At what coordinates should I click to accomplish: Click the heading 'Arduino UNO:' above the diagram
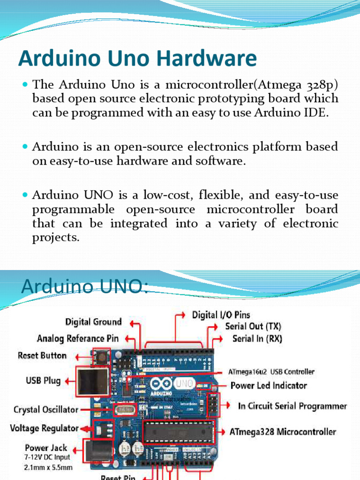(x=84, y=286)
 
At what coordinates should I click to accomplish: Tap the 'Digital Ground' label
(x=93, y=322)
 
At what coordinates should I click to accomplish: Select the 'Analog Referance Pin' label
(x=78, y=338)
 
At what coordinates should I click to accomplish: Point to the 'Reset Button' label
(x=42, y=356)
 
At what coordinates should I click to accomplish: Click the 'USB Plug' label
(x=43, y=381)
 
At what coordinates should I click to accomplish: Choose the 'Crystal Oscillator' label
(x=46, y=410)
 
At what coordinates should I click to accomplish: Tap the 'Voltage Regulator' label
(x=45, y=428)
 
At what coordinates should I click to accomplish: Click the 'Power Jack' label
(x=46, y=448)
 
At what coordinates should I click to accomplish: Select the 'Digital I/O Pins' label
(x=221, y=315)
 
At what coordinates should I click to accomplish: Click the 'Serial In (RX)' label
(x=257, y=338)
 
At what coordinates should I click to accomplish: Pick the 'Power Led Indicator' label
(x=269, y=386)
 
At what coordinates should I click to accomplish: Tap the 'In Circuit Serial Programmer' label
(x=292, y=406)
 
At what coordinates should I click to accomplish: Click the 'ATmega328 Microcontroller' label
(x=283, y=432)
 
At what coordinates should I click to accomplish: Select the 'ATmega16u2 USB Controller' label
(x=271, y=372)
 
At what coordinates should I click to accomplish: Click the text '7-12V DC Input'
(x=47, y=457)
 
